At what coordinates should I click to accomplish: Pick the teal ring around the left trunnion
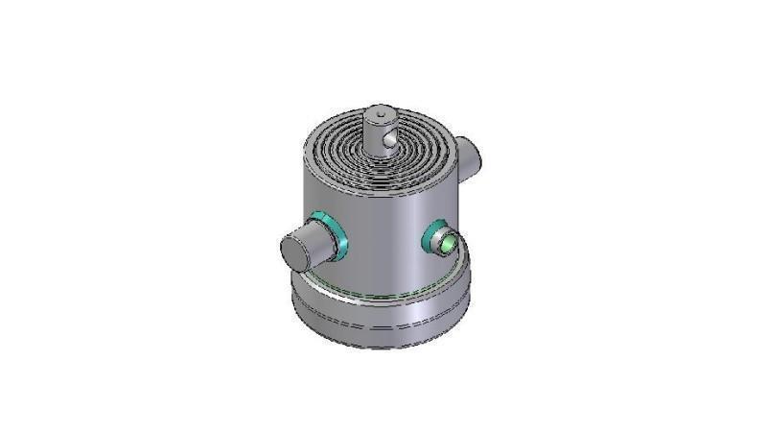tap(334, 233)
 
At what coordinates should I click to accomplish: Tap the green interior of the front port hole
tap(448, 241)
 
